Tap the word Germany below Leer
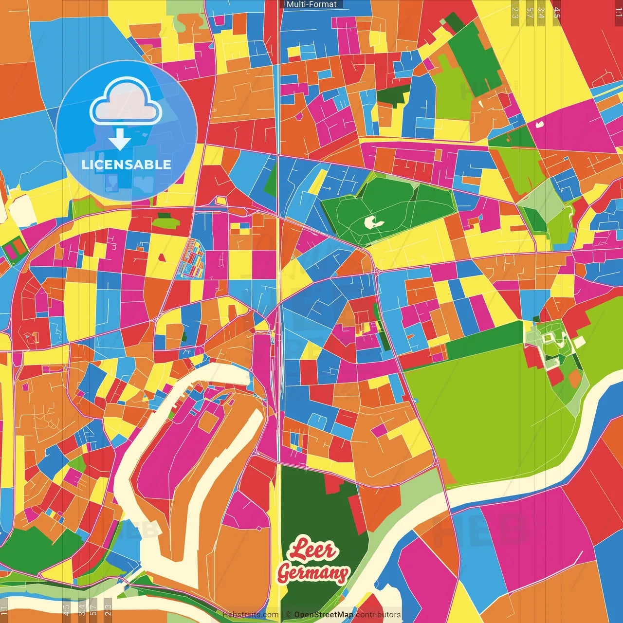click(x=313, y=573)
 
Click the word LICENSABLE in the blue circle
click(x=127, y=165)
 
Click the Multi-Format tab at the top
click(x=311, y=4)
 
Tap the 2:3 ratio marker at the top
click(x=515, y=12)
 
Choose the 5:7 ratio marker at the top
click(x=530, y=12)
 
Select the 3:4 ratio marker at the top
click(x=541, y=12)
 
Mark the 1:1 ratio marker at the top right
click(x=618, y=12)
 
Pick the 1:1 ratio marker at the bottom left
click(x=4, y=609)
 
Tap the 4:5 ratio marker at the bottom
click(x=66, y=609)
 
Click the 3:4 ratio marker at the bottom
click(x=82, y=609)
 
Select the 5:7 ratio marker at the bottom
click(x=93, y=609)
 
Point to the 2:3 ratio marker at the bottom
click(x=108, y=609)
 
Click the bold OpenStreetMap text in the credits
click(x=323, y=615)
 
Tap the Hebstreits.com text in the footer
click(x=250, y=615)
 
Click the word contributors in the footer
click(x=378, y=615)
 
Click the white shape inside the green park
click(x=373, y=222)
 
